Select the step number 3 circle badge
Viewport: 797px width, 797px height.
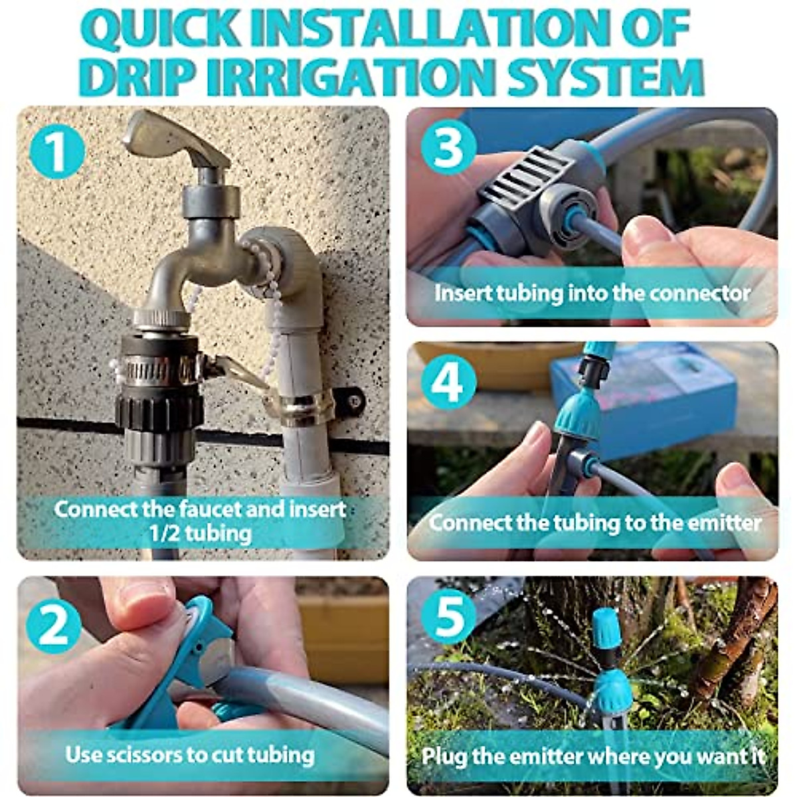[x=448, y=147]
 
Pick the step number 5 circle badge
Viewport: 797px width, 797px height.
[x=449, y=616]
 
